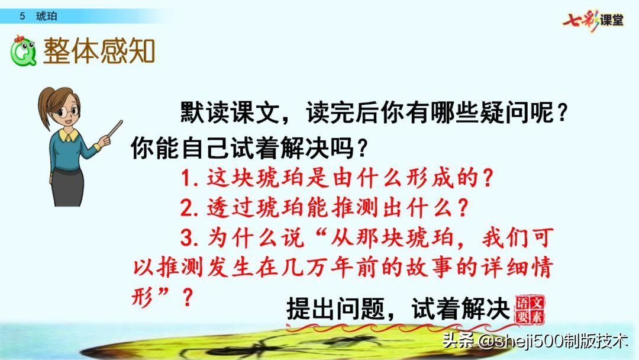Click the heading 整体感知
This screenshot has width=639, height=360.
(x=99, y=51)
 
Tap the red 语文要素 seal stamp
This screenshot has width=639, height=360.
(x=531, y=308)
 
